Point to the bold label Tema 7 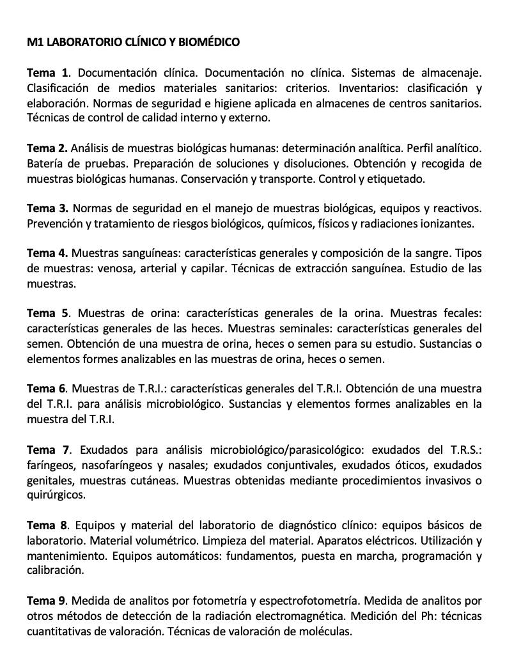coord(48,450)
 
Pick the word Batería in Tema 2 coord(45,164)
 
